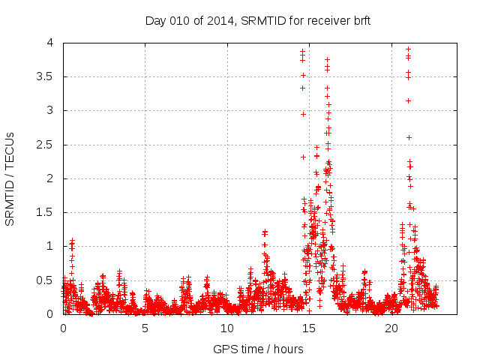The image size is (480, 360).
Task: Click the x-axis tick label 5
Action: (x=145, y=328)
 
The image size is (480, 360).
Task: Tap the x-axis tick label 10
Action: (x=227, y=328)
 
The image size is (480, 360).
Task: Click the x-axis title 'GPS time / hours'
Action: (x=258, y=349)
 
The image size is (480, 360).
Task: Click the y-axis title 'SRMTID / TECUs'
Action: (x=10, y=178)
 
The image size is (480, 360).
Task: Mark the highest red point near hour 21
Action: (x=408, y=49)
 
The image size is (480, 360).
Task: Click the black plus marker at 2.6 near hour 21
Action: (x=409, y=137)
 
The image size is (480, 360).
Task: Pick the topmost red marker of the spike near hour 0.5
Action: (x=72, y=241)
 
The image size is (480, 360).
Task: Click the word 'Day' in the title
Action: (x=155, y=20)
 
